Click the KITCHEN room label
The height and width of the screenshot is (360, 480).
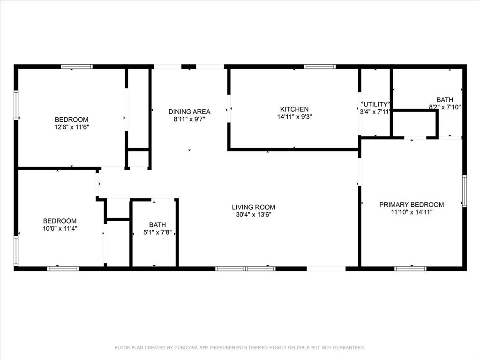[x=294, y=109]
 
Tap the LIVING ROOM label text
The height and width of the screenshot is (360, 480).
[x=253, y=207]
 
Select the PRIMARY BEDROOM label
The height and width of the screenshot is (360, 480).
[x=411, y=204]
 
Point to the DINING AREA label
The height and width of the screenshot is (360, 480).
[x=189, y=112]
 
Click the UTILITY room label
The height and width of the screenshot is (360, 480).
[x=375, y=104]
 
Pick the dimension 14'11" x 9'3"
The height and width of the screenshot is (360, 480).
[x=294, y=117]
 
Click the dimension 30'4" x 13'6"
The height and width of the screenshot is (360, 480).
[x=253, y=214]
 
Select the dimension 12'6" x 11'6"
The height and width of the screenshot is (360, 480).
[x=71, y=127]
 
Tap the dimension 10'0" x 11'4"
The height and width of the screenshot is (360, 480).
[x=60, y=229]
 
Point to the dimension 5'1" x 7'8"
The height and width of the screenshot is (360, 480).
[x=157, y=232]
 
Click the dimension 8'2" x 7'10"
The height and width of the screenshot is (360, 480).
[x=445, y=107]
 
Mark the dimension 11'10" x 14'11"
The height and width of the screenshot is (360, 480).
[x=411, y=212]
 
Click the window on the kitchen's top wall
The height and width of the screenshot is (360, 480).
[x=320, y=67]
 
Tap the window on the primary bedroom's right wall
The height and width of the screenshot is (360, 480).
[x=465, y=191]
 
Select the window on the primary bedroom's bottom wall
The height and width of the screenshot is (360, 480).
[x=410, y=269]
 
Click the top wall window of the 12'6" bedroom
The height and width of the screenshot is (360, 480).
[x=77, y=67]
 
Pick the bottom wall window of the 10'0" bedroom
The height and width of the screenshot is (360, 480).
[x=63, y=269]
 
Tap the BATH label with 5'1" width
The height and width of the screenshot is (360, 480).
[x=157, y=225]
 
